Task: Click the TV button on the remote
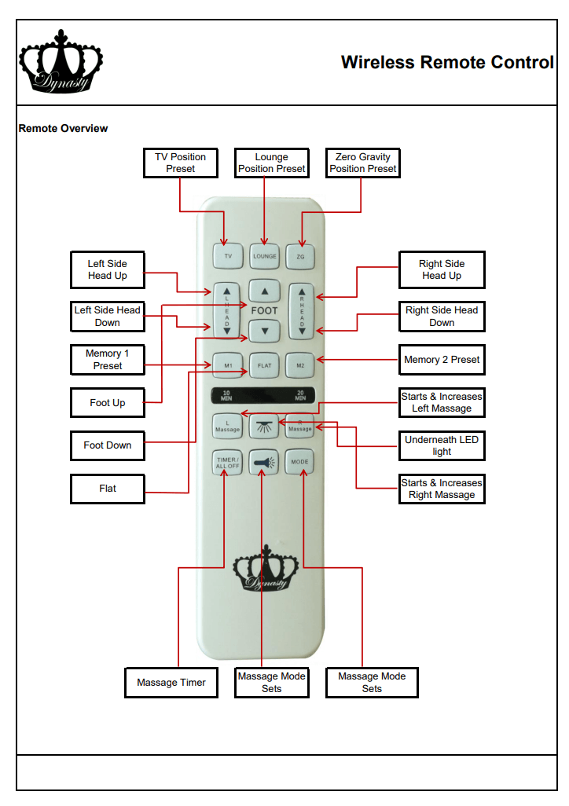pyautogui.click(x=228, y=256)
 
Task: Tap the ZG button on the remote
pyautogui.click(x=300, y=256)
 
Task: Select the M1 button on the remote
pyautogui.click(x=228, y=365)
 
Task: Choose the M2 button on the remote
pyautogui.click(x=300, y=365)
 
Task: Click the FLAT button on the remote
pyautogui.click(x=264, y=365)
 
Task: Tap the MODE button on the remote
pyautogui.click(x=299, y=462)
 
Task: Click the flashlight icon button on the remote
pyautogui.click(x=264, y=463)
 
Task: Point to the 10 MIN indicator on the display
pyautogui.click(x=226, y=395)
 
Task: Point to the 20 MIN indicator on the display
pyautogui.click(x=300, y=395)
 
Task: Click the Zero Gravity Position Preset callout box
pyautogui.click(x=363, y=163)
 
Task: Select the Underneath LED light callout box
pyautogui.click(x=442, y=445)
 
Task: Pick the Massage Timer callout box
pyautogui.click(x=171, y=683)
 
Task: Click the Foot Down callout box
pyautogui.click(x=108, y=445)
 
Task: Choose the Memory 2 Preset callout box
pyautogui.click(x=442, y=360)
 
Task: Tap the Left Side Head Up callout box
pyautogui.click(x=108, y=269)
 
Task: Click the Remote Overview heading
pyautogui.click(x=63, y=128)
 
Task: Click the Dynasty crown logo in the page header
pyautogui.click(x=61, y=62)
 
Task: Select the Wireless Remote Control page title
pyautogui.click(x=447, y=63)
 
